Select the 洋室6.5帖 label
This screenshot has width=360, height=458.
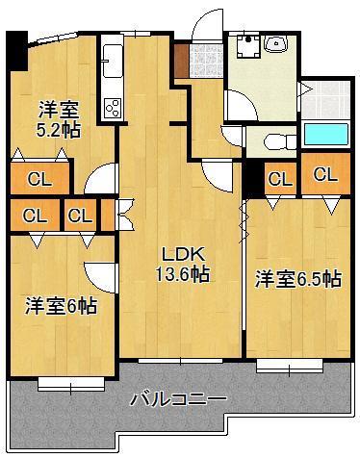point(296,279)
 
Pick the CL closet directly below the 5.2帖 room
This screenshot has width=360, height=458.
point(39,178)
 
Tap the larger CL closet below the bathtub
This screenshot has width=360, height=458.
point(324,175)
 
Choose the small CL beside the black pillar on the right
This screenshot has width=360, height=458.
point(279,178)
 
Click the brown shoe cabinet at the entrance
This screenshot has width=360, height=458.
point(182,60)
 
